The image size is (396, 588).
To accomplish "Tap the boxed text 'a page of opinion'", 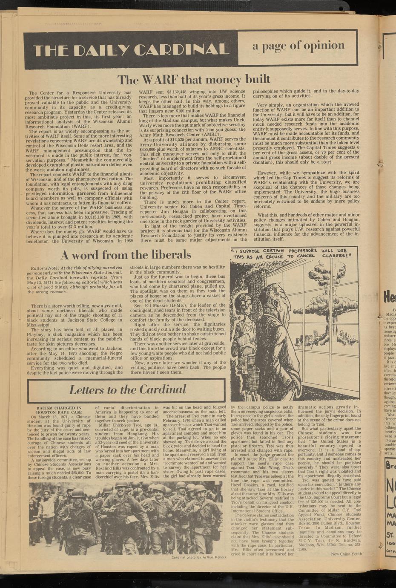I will pos(298,46).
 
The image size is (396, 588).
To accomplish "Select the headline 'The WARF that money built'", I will pos(194,79).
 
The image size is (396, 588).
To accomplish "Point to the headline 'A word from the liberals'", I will pos(126,255).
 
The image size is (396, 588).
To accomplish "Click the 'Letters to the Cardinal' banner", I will pos(127,389).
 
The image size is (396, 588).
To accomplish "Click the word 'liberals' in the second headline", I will pos(169,255).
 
